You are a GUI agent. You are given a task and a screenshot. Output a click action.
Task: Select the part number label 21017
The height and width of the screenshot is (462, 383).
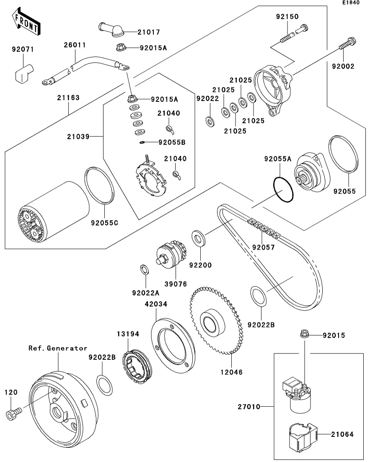point(137,32)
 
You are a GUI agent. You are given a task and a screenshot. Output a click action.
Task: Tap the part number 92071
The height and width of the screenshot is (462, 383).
point(22,49)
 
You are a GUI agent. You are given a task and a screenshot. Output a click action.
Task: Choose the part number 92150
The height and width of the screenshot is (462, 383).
point(287,17)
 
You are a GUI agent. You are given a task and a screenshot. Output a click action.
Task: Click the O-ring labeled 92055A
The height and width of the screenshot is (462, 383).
point(283,190)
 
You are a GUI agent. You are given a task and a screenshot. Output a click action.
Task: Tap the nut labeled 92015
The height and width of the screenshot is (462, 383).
point(305,334)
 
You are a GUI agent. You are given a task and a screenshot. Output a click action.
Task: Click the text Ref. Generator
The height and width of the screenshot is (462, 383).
point(58,348)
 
